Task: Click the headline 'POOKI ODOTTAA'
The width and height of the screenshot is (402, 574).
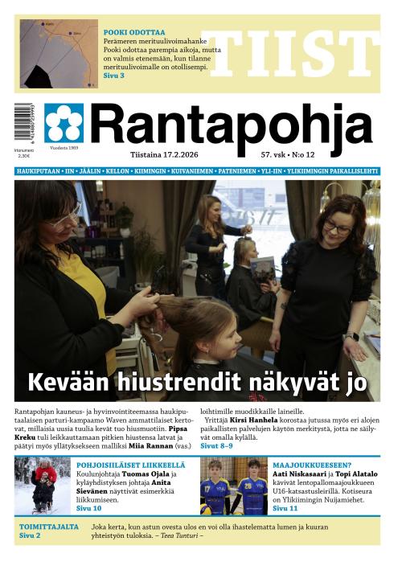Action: [x=134, y=32]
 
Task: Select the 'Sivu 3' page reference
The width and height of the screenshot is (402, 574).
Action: [x=114, y=76]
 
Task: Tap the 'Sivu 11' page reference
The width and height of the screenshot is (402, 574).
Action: [x=285, y=509]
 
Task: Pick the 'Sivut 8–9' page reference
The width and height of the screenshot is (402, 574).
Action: [x=216, y=445]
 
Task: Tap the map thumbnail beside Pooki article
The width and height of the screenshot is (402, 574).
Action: [x=59, y=54]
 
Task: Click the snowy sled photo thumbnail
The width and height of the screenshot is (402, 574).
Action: [x=42, y=486]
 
